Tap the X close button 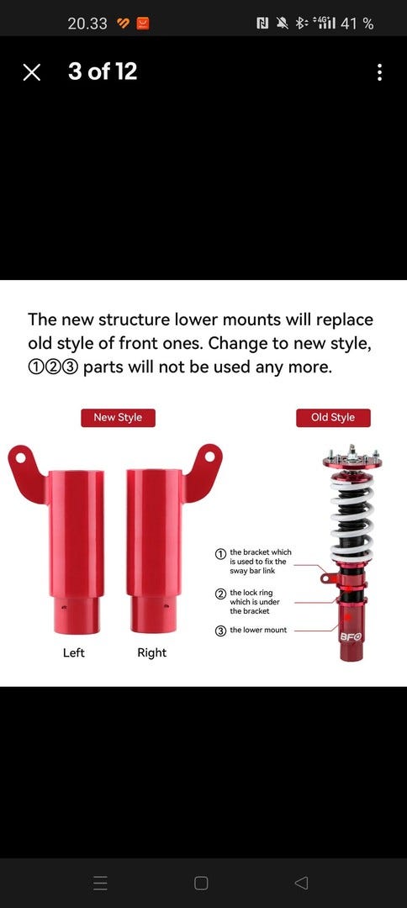pyautogui.click(x=32, y=72)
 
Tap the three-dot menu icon pyautogui.click(x=379, y=72)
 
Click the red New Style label pyautogui.click(x=118, y=418)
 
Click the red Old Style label pyautogui.click(x=333, y=418)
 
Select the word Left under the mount pyautogui.click(x=73, y=652)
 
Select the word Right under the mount pyautogui.click(x=151, y=652)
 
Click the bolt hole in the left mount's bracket pyautogui.click(x=21, y=457)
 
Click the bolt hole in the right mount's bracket pyautogui.click(x=209, y=457)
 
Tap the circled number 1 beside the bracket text pyautogui.click(x=220, y=554)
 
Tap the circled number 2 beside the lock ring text pyautogui.click(x=220, y=594)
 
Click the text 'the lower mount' pyautogui.click(x=258, y=630)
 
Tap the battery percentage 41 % pyautogui.click(x=357, y=24)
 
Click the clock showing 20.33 pyautogui.click(x=87, y=24)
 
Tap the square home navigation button pyautogui.click(x=201, y=883)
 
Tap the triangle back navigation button pyautogui.click(x=301, y=883)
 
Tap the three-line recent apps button pyautogui.click(x=101, y=883)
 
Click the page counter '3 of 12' pyautogui.click(x=103, y=71)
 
